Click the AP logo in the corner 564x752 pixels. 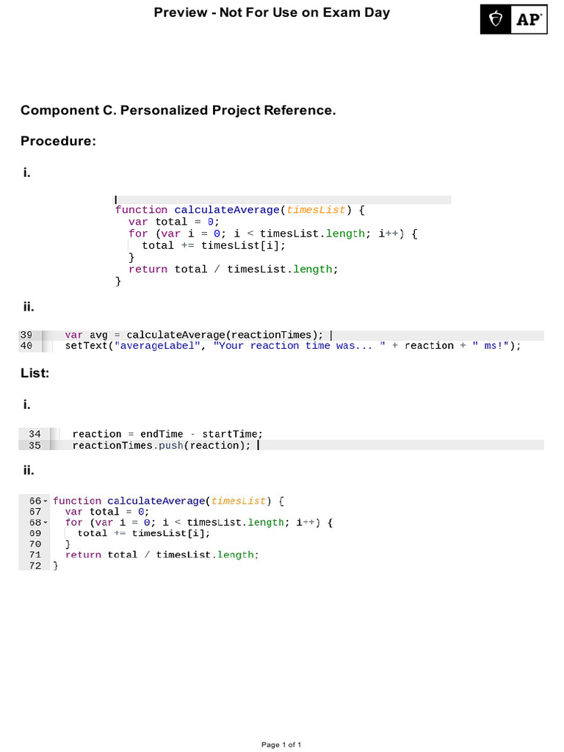pos(513,19)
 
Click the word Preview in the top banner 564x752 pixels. pos(181,12)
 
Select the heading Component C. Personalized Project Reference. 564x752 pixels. pos(178,110)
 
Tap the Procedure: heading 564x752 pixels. pos(58,141)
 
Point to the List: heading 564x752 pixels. pos(35,373)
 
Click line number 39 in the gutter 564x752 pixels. pos(26,335)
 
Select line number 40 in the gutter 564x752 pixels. pos(26,346)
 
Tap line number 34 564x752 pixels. pos(35,434)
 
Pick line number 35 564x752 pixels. pos(35,445)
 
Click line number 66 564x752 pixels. pos(35,501)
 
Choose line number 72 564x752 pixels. pos(35,566)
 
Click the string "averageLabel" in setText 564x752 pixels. pos(157,346)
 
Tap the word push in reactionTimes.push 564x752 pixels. pos(171,446)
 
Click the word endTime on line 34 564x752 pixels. pos(162,434)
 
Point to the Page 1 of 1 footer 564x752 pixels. pos(281,745)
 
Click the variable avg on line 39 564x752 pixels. pos(98,335)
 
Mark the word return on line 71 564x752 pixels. pos(83,555)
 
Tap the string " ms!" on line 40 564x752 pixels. pos(491,346)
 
